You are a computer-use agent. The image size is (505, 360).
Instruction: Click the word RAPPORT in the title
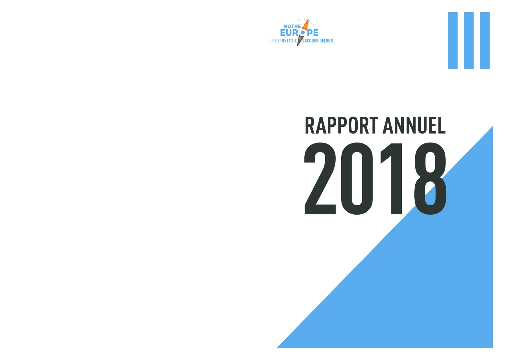(x=341, y=125)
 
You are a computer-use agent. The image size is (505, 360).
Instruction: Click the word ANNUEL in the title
(x=414, y=125)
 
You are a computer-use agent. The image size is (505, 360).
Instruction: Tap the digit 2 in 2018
(x=320, y=178)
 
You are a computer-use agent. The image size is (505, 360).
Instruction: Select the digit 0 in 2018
(x=357, y=178)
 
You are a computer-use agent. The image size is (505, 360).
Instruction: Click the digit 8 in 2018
(x=430, y=178)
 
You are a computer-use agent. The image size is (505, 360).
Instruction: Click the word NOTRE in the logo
(x=292, y=27)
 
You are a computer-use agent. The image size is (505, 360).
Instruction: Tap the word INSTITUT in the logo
(x=288, y=41)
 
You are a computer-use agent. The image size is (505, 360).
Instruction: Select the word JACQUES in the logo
(x=309, y=41)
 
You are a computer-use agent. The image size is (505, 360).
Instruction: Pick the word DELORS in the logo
(x=325, y=41)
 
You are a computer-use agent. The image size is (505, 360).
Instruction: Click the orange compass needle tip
(x=308, y=19)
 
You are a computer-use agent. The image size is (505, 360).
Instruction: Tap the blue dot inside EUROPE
(x=303, y=33)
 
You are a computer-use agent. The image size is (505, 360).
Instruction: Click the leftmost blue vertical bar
(x=453, y=41)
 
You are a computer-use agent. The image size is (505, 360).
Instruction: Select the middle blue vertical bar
(x=469, y=41)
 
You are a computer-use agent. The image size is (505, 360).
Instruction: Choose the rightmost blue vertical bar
(x=485, y=41)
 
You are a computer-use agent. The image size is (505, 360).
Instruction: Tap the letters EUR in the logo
(x=290, y=33)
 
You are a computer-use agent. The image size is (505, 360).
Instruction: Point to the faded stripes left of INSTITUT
(x=273, y=41)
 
